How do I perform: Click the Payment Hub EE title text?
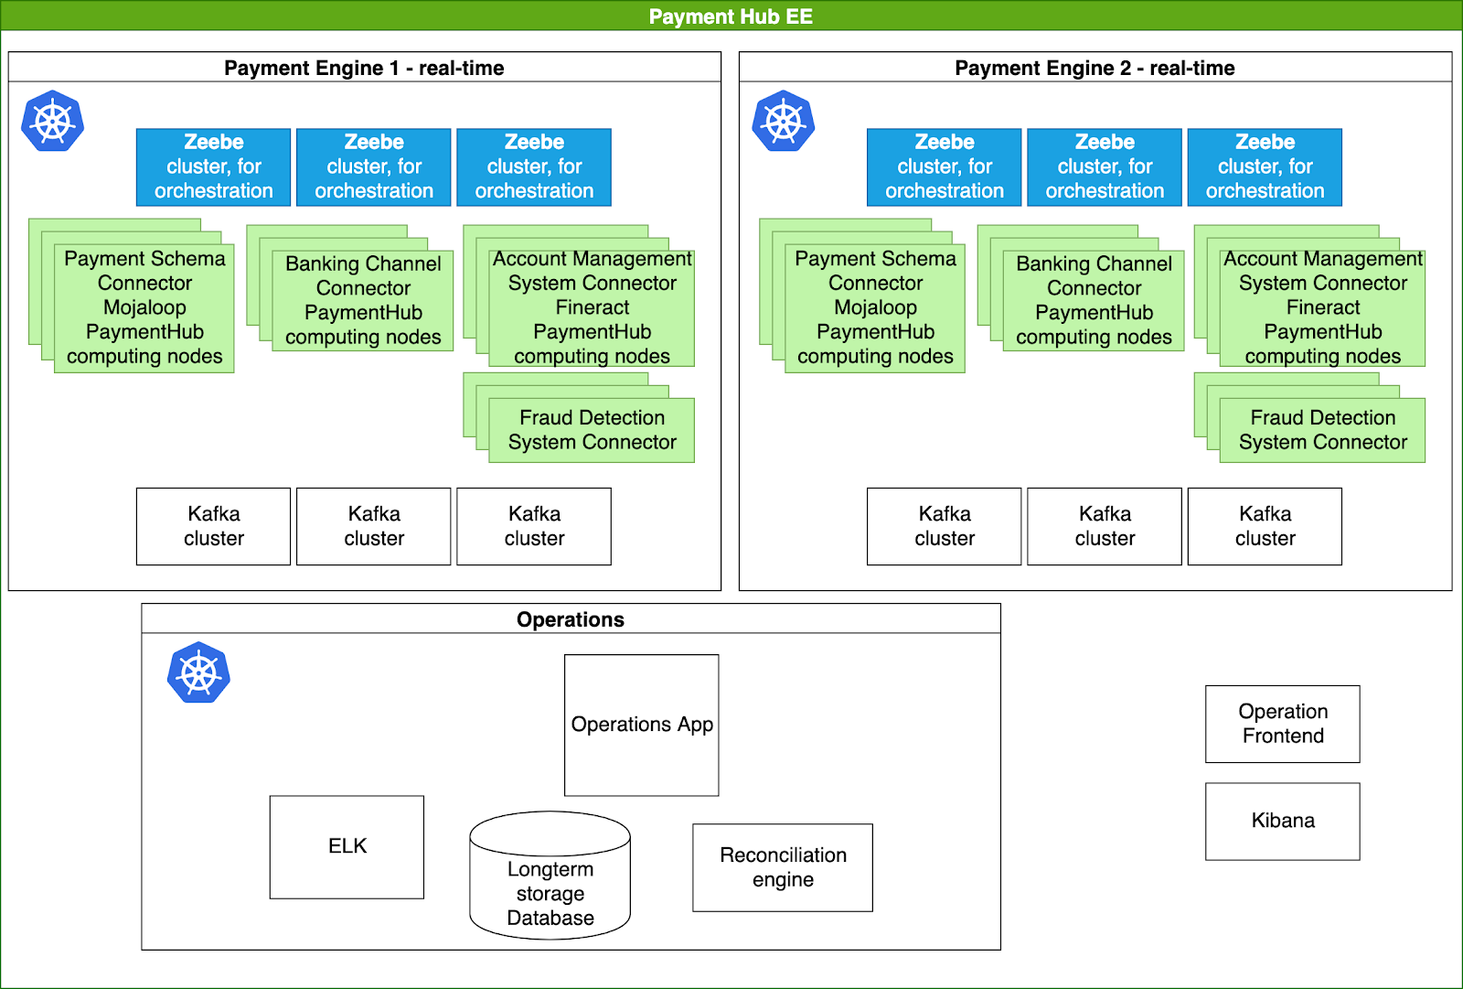[x=731, y=16]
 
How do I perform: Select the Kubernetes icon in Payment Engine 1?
[x=53, y=121]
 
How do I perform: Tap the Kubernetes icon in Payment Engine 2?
[x=784, y=121]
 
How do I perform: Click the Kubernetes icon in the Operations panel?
[x=198, y=672]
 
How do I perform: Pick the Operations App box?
[x=642, y=725]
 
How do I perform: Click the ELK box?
[x=347, y=846]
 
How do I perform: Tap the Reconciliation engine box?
[x=783, y=867]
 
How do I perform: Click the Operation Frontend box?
[x=1282, y=724]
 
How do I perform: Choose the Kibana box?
[x=1282, y=821]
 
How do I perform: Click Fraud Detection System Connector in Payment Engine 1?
[x=592, y=430]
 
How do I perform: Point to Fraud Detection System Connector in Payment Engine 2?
[x=1322, y=430]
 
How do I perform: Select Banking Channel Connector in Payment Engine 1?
[x=363, y=300]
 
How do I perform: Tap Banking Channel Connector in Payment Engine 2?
[x=1094, y=300]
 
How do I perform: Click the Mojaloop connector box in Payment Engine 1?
[x=144, y=307]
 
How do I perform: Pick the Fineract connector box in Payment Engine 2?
[x=1322, y=307]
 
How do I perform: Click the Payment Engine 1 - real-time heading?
[x=364, y=68]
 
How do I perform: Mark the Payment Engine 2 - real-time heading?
[x=1095, y=68]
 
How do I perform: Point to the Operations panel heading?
[x=571, y=619]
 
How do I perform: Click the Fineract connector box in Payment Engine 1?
[x=592, y=307]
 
